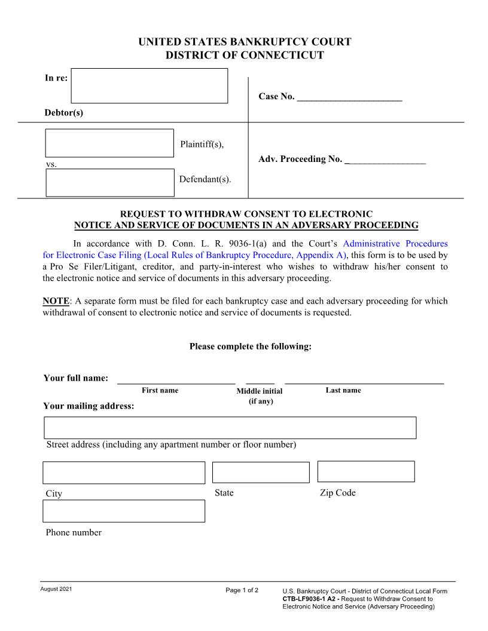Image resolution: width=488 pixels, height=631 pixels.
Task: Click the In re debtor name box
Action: coord(149,86)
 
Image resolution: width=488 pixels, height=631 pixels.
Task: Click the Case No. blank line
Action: coord(349,96)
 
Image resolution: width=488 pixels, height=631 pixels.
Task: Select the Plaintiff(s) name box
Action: coord(109,143)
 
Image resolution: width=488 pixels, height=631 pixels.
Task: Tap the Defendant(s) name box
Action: coord(110,182)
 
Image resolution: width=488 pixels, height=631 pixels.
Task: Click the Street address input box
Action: coord(230,428)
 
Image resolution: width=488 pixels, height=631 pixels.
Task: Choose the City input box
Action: coord(124,473)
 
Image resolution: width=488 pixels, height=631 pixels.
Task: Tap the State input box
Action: coord(261,472)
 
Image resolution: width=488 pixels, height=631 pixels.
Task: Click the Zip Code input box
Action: coord(366,471)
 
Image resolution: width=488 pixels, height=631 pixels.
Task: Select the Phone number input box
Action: coord(124,511)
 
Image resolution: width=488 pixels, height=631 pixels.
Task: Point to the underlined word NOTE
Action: coord(56,301)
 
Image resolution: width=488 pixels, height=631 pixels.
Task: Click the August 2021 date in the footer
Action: coord(56,590)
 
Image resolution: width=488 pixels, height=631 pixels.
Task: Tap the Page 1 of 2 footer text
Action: coord(242,591)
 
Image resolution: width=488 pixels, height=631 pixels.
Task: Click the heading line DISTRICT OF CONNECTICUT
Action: coord(245,56)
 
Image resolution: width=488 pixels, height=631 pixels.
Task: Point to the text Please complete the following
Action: coord(250,347)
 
